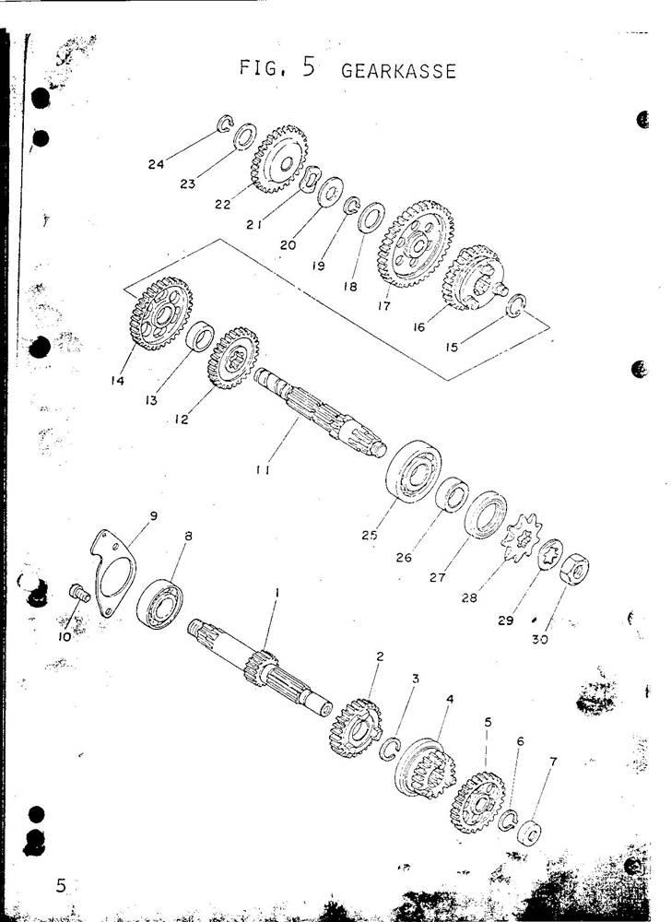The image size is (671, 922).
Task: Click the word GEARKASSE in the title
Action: point(398,71)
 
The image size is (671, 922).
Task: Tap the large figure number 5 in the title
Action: point(309,66)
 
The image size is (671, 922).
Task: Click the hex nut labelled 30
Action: point(574,569)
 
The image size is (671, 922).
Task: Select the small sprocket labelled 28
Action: point(521,538)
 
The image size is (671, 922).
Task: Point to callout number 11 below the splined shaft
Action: point(264,470)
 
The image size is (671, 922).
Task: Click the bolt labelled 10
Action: point(78,592)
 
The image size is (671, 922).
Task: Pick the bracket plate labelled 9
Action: point(112,572)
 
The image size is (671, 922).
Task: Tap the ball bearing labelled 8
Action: point(159,604)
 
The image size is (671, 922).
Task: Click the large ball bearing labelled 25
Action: point(413,471)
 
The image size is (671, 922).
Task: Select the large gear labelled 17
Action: point(416,243)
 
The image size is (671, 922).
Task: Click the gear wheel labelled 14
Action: point(160,313)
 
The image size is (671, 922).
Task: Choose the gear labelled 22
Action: point(279,159)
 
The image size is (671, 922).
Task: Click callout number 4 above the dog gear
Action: point(450,699)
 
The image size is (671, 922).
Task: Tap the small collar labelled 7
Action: point(529,833)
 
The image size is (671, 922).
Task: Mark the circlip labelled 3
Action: point(390,749)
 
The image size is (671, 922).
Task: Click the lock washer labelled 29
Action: point(550,554)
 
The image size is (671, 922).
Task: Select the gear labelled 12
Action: point(233,358)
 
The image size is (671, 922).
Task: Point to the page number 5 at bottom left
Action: point(61,885)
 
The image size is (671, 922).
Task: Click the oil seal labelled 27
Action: point(486,514)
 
